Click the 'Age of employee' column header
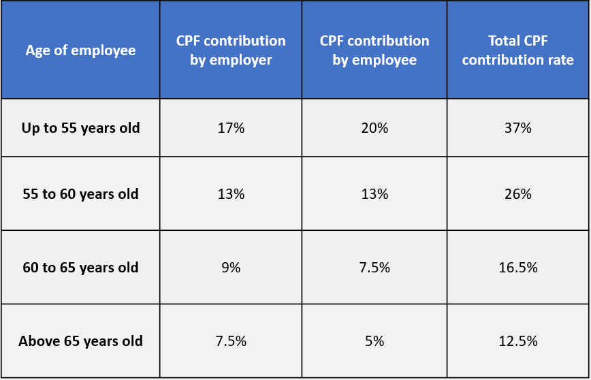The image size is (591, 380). [x=80, y=50]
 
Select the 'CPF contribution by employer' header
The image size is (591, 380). [x=231, y=50]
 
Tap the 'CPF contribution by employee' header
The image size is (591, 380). [x=374, y=50]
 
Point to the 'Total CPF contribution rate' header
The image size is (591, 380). [x=517, y=50]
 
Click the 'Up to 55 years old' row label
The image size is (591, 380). [x=80, y=128]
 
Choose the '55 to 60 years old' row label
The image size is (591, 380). [x=80, y=194]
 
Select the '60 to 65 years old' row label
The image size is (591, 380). [x=80, y=268]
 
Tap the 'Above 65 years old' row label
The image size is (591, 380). [x=80, y=341]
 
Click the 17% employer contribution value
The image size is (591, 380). [x=231, y=128]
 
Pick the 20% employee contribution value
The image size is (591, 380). [x=374, y=128]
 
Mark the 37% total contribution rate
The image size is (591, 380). [x=517, y=128]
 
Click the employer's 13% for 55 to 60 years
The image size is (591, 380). [x=231, y=194]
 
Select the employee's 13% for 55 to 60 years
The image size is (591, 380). [x=374, y=194]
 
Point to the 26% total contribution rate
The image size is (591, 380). [x=517, y=194]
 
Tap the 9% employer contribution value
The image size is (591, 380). [x=231, y=268]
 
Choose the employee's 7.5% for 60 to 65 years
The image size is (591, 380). [x=374, y=268]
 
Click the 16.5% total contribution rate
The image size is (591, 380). [x=517, y=268]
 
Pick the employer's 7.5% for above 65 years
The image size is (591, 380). [x=231, y=341]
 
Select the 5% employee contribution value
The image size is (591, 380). [x=374, y=341]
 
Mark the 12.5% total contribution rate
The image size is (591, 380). [x=517, y=341]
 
